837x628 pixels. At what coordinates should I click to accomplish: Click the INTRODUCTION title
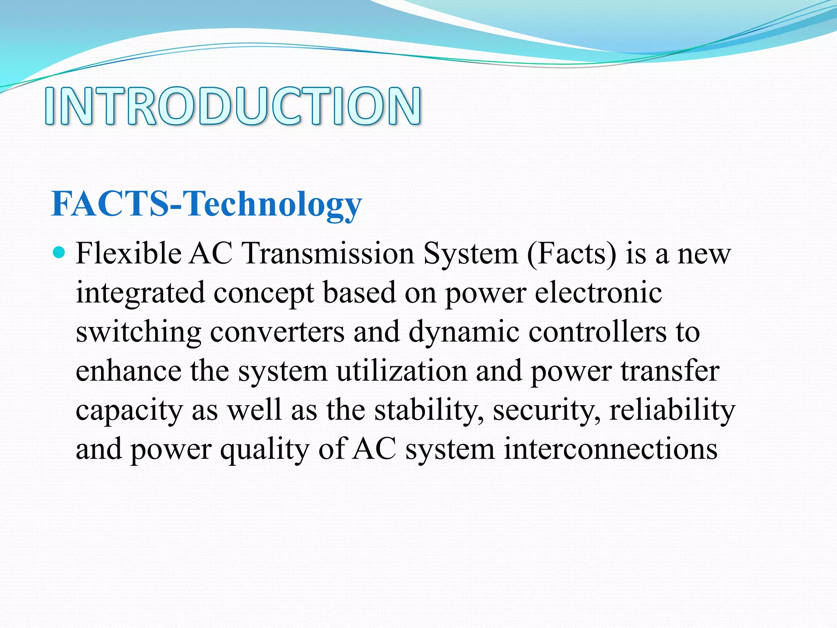(x=233, y=105)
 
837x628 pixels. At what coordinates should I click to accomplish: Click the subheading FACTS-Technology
(x=206, y=204)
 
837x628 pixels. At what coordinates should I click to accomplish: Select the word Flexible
(x=129, y=253)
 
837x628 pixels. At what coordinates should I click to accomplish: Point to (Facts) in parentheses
(x=571, y=253)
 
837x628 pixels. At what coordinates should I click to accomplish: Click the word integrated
(x=140, y=293)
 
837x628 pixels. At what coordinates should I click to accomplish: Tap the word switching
(x=138, y=332)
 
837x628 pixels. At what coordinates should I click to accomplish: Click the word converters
(x=277, y=332)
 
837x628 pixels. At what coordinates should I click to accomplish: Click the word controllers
(x=598, y=332)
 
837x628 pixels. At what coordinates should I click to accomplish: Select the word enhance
(x=129, y=371)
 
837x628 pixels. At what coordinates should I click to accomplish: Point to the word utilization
(x=402, y=371)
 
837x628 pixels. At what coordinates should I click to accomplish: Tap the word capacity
(x=129, y=410)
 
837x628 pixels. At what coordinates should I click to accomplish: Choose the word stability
(x=429, y=410)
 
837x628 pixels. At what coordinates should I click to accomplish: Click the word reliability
(x=672, y=410)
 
